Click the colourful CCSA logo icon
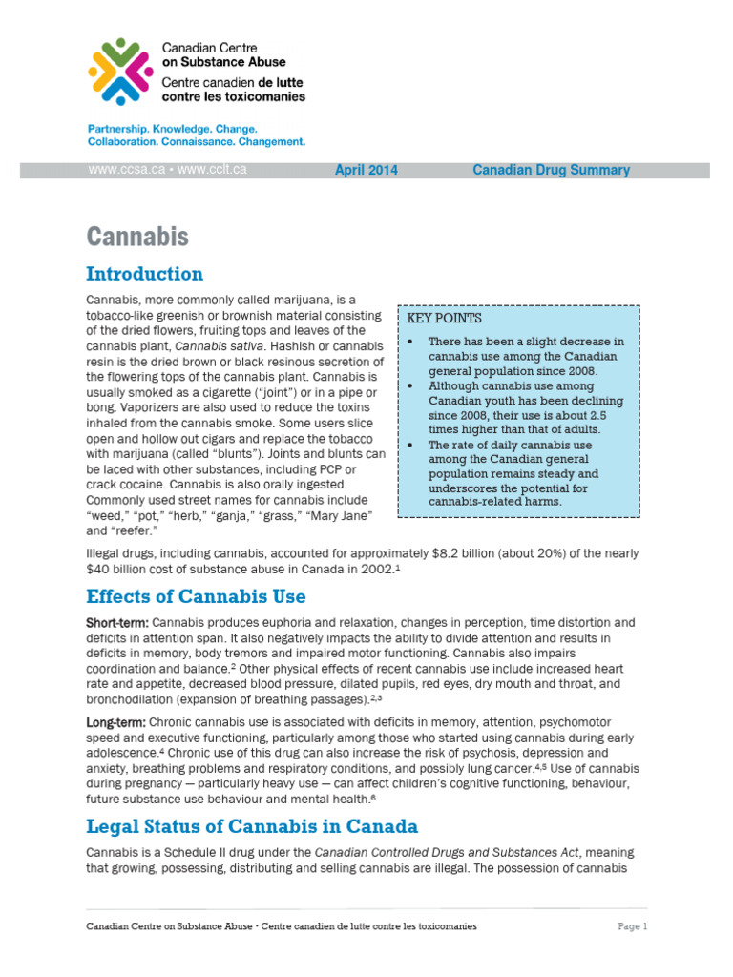click(x=119, y=71)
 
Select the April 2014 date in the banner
click(x=366, y=171)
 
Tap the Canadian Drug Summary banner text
click(x=551, y=171)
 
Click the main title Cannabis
click(x=137, y=237)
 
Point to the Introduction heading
click(x=144, y=275)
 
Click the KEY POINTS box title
click(x=445, y=319)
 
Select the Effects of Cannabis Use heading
click(x=196, y=597)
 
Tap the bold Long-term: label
click(x=115, y=723)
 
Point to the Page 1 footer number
click(x=632, y=926)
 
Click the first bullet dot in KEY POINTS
click(x=409, y=342)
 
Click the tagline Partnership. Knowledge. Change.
click(x=172, y=128)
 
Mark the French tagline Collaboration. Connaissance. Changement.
click(x=196, y=141)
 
